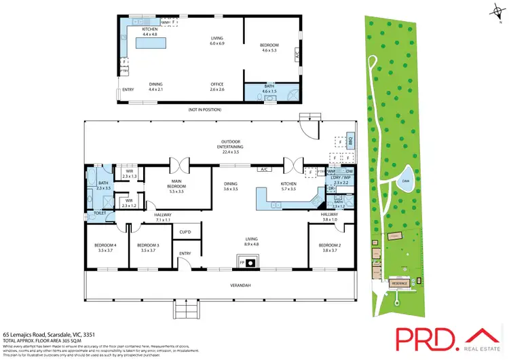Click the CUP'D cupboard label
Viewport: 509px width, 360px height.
pyautogui.click(x=185, y=233)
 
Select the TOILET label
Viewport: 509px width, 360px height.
pyautogui.click(x=100, y=213)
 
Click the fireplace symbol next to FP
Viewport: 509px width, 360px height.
pyautogui.click(x=250, y=262)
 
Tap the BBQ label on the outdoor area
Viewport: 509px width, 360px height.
pyautogui.click(x=351, y=141)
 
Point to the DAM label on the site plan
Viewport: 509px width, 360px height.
pyautogui.click(x=405, y=181)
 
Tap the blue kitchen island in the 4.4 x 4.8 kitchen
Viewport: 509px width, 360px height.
pyautogui.click(x=154, y=43)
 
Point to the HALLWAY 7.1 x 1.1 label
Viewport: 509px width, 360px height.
pyautogui.click(x=162, y=217)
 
